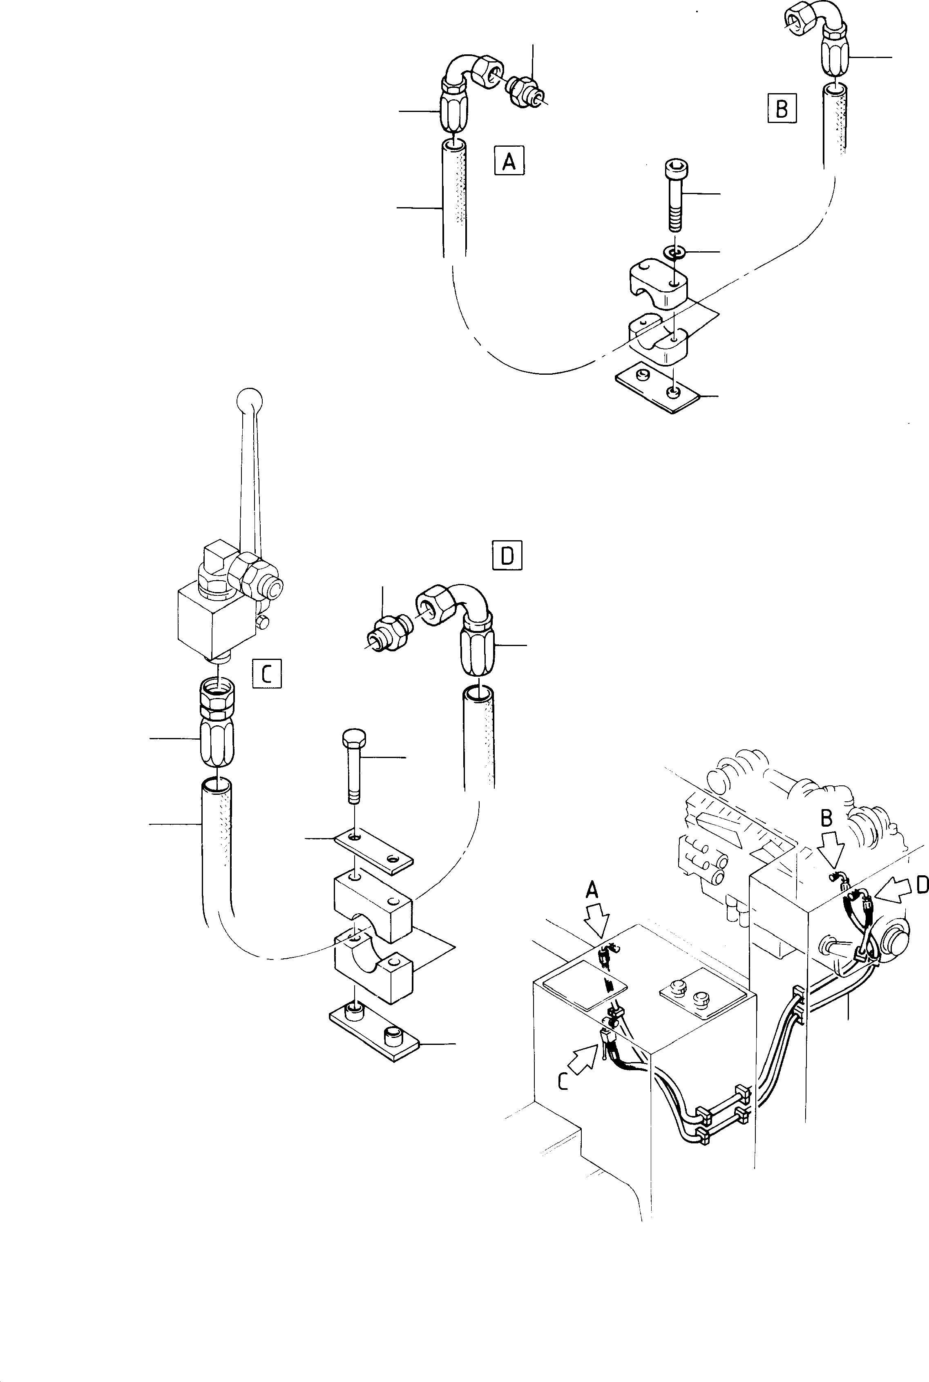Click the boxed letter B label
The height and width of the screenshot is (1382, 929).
[x=782, y=108]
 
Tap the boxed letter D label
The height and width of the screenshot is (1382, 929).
[x=507, y=555]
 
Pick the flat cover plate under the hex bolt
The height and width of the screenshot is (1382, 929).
[x=373, y=853]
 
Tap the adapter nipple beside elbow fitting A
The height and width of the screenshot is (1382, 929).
[x=523, y=92]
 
